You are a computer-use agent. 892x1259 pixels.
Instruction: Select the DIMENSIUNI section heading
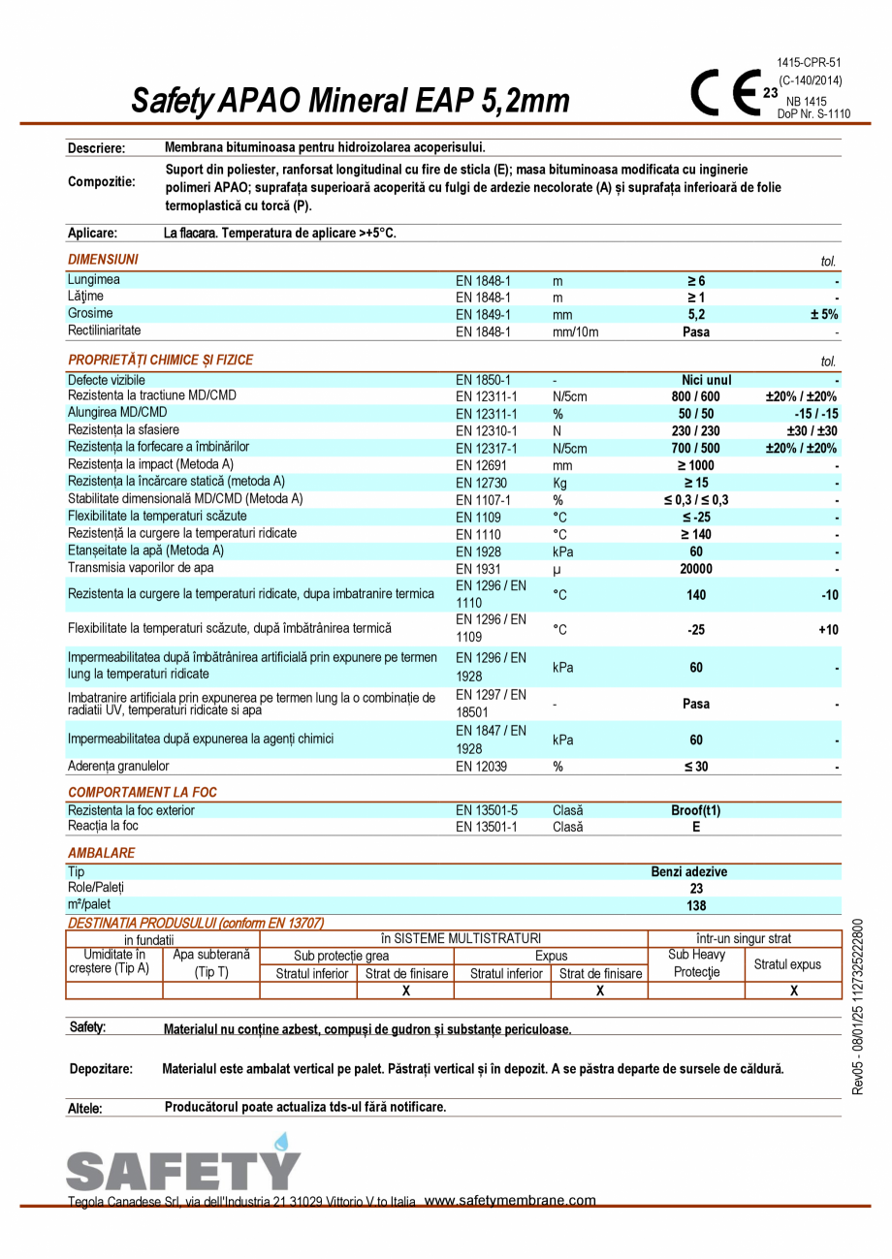103,260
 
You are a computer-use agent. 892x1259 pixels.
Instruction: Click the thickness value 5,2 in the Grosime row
696,315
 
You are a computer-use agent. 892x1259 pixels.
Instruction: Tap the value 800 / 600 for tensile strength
696,396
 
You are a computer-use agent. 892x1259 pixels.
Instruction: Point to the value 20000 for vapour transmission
696,569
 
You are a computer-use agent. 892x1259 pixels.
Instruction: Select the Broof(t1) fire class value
696,811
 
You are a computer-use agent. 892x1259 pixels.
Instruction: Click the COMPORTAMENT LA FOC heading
143,792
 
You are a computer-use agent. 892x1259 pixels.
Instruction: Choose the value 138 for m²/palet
696,906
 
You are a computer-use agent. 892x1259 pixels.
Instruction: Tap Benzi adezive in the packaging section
688,871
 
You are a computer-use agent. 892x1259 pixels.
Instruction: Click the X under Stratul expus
793,991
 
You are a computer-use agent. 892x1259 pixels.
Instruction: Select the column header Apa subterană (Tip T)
211,963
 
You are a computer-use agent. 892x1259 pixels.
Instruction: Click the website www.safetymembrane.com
510,1201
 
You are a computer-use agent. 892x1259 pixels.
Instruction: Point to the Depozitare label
101,1069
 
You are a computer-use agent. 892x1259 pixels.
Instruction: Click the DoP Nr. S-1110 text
813,113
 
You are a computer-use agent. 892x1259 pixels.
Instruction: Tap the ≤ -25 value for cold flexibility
696,518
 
